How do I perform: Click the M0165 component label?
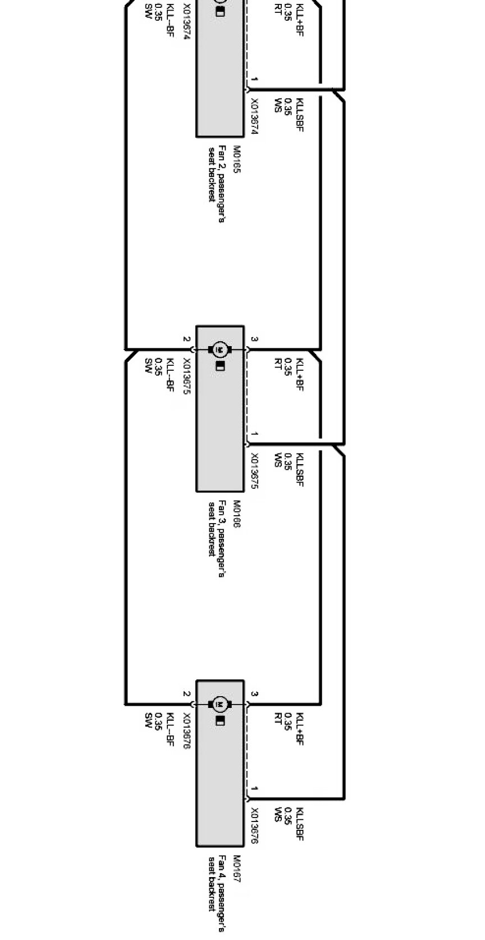(x=236, y=160)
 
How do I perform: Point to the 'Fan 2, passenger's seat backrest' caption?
(x=217, y=183)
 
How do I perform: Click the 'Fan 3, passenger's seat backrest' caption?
(x=217, y=537)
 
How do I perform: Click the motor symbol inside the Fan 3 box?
(x=219, y=349)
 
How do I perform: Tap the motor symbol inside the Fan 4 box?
(x=219, y=704)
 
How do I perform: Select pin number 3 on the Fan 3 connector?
(x=254, y=339)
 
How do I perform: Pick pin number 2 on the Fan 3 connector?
(x=186, y=339)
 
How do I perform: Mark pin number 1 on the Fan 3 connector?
(x=254, y=434)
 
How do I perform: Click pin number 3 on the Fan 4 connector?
(x=254, y=694)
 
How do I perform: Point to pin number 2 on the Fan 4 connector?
(x=186, y=694)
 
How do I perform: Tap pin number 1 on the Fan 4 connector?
(x=254, y=789)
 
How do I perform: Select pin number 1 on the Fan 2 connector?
(x=254, y=80)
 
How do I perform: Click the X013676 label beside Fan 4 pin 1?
(x=254, y=826)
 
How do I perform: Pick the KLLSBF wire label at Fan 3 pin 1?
(x=299, y=470)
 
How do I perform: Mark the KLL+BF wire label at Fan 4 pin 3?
(x=299, y=729)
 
